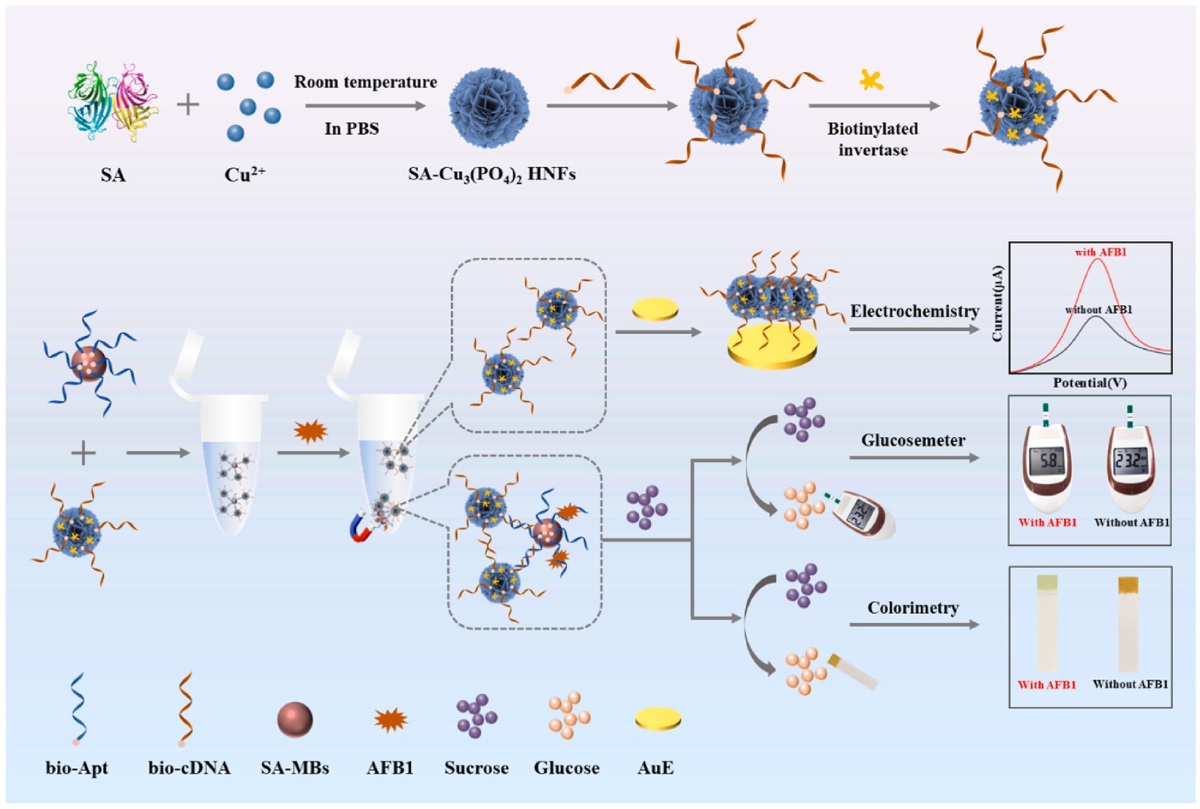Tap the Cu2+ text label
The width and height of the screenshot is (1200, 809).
(245, 174)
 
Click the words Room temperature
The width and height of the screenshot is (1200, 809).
(365, 82)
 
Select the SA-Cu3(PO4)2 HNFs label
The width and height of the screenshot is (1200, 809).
(491, 174)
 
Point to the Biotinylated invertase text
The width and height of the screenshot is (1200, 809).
(873, 139)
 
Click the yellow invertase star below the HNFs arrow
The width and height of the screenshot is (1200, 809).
(871, 80)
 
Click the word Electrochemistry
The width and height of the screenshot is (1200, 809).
(914, 311)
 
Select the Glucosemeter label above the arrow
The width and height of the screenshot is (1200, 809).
(913, 440)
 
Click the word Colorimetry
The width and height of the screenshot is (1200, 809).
(913, 608)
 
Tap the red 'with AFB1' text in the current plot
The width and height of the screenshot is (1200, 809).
(1100, 252)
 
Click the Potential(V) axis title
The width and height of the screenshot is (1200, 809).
(1090, 382)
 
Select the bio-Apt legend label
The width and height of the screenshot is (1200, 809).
(77, 768)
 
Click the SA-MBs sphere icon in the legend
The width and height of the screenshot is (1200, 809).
(295, 720)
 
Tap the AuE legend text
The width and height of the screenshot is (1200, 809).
(656, 768)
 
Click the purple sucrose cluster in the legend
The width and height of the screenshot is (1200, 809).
(476, 717)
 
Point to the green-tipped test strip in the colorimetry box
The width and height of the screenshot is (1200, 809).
(1047, 622)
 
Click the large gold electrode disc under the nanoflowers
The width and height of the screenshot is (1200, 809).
(772, 351)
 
